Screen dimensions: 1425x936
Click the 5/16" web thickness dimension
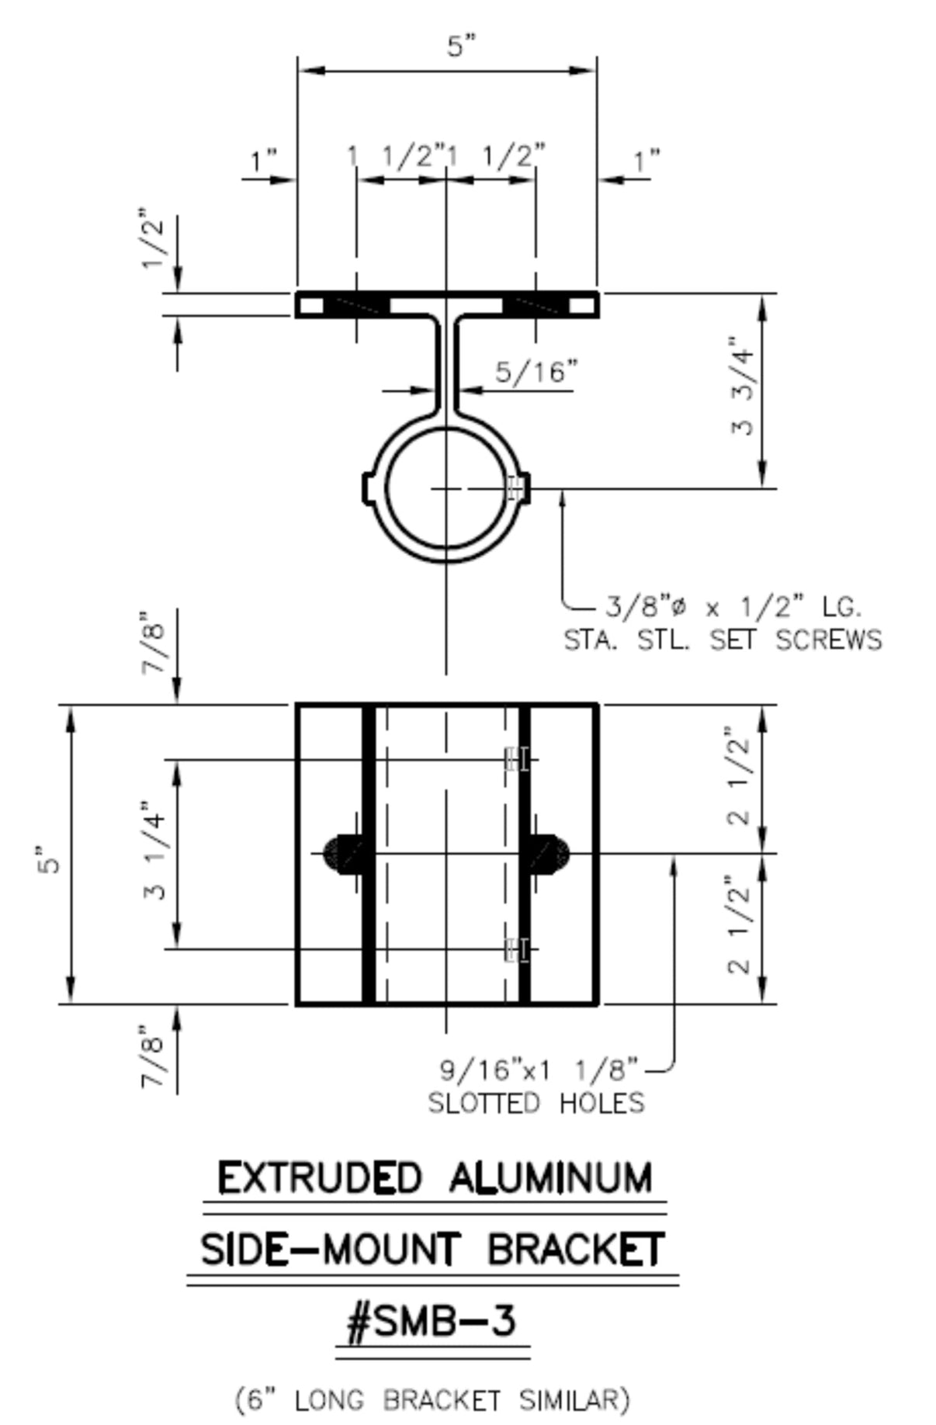pos(536,373)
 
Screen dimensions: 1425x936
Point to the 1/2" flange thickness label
pos(154,239)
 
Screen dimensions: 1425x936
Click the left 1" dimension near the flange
pos(263,162)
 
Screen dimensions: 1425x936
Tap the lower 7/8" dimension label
pos(154,1057)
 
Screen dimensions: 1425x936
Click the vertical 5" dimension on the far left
pos(49,855)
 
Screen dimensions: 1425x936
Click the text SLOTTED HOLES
pos(536,1103)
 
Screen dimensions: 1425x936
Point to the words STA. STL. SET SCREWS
pos(722,640)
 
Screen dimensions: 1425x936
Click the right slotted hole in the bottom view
pos(550,854)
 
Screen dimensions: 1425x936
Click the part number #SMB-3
pos(432,1321)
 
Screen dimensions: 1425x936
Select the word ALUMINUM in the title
pos(550,1178)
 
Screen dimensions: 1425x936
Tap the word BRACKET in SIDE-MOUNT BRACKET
pos(575,1250)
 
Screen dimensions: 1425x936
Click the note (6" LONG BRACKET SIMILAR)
pos(432,1399)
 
